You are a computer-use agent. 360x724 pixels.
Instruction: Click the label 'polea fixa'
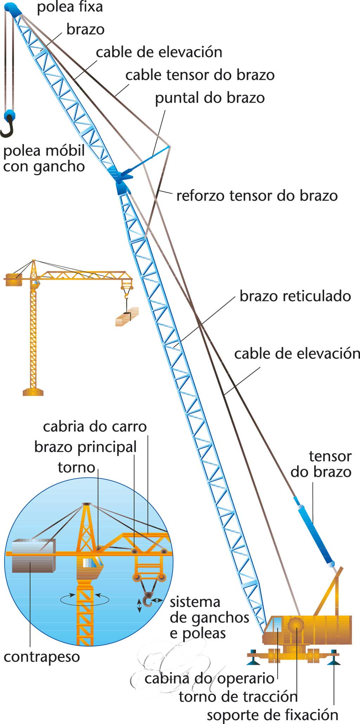pos(70,7)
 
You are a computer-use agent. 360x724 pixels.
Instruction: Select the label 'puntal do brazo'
pos(210,98)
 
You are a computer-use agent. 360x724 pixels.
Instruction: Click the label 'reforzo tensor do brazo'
pos(257,196)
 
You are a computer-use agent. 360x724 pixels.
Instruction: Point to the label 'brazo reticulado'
pos(295,296)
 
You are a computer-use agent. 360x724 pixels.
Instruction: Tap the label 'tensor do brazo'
pos(321,464)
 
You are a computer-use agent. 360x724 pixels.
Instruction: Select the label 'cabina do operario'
pos(209,678)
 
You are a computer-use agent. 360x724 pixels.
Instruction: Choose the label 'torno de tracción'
pos(238,697)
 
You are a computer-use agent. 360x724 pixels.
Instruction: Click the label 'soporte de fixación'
pos(272,715)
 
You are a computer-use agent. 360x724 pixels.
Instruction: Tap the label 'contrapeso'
pos(42,657)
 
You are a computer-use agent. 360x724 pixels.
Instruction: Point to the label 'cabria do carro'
pos(95,427)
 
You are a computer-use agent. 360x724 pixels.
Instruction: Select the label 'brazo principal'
pos(85,447)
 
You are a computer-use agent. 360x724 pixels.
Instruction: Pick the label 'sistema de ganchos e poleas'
pos(209,618)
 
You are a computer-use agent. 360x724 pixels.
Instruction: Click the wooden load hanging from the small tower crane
pos(127,317)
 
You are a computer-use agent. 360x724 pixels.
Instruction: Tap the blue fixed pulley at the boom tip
pos(14,9)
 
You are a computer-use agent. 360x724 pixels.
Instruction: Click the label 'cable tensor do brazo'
pos(200,75)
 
